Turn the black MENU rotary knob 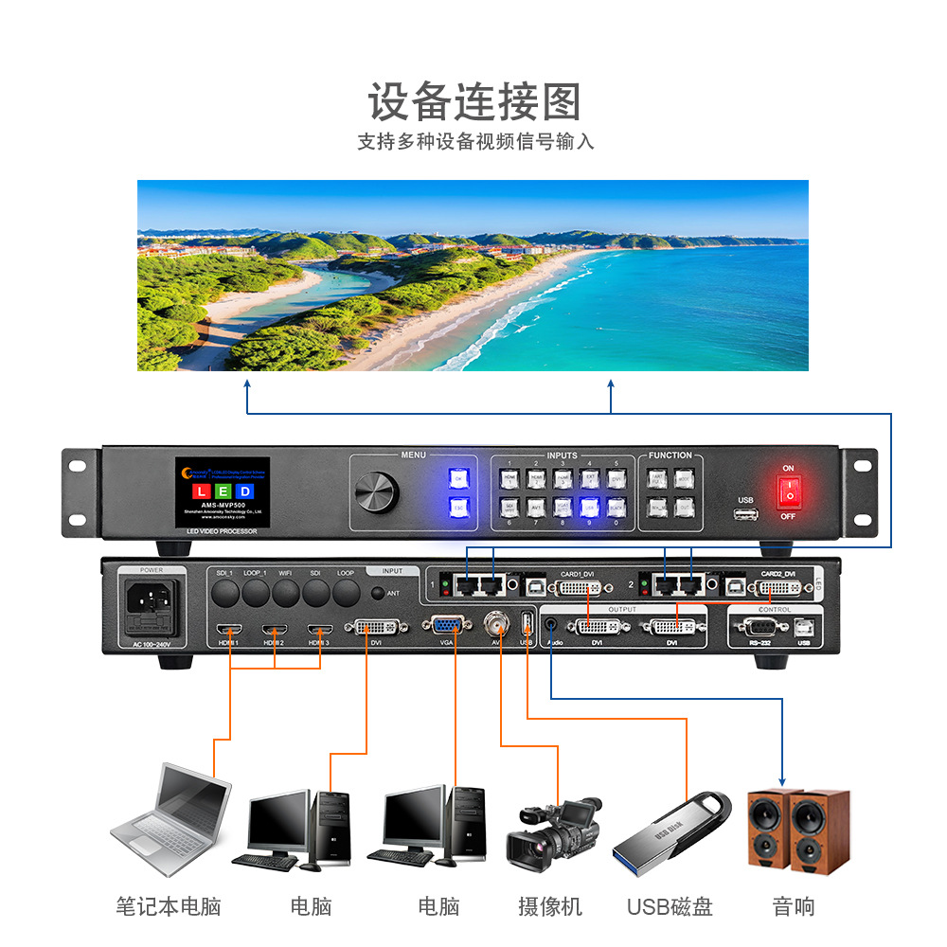pos(377,491)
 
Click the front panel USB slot pos(745,514)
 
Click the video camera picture pos(554,832)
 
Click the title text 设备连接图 pos(473,101)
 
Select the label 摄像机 pos(550,906)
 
